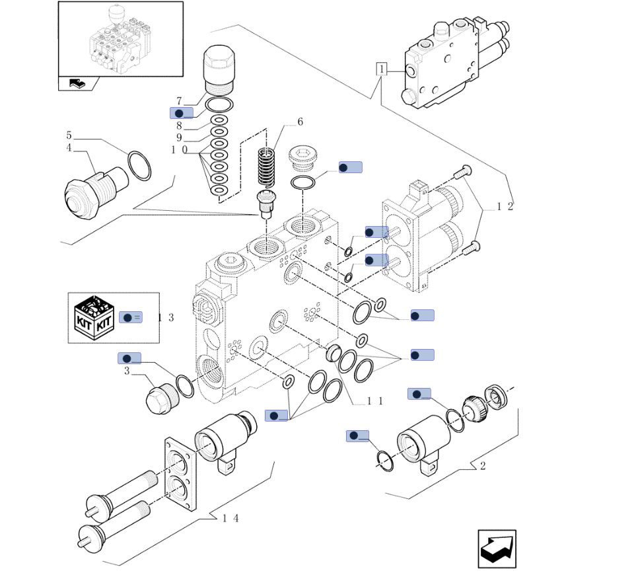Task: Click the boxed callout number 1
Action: (x=381, y=68)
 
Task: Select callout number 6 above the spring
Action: (x=300, y=122)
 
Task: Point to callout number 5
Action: (x=69, y=135)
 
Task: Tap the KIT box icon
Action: (x=94, y=317)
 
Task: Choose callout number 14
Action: (x=230, y=517)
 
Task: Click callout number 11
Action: (x=375, y=401)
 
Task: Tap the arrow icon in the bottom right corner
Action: (x=497, y=549)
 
